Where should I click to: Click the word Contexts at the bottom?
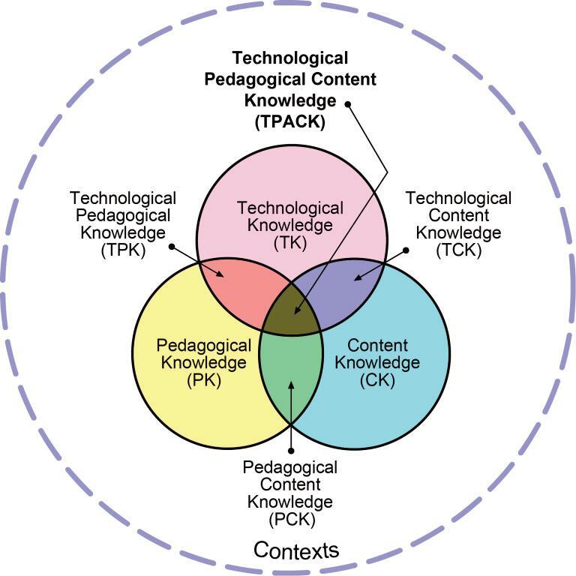pyautogui.click(x=296, y=550)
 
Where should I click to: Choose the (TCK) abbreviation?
pyautogui.click(x=459, y=250)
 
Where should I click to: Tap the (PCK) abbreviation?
pyautogui.click(x=290, y=518)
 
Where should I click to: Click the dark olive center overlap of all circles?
pyautogui.click(x=292, y=313)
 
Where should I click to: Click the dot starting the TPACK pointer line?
pyautogui.click(x=348, y=103)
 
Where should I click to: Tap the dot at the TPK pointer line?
pyautogui.click(x=172, y=245)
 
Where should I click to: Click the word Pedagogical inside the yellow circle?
pyautogui.click(x=203, y=346)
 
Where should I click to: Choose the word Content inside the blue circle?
pyautogui.click(x=378, y=346)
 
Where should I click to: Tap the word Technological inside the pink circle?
pyautogui.click(x=289, y=208)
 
